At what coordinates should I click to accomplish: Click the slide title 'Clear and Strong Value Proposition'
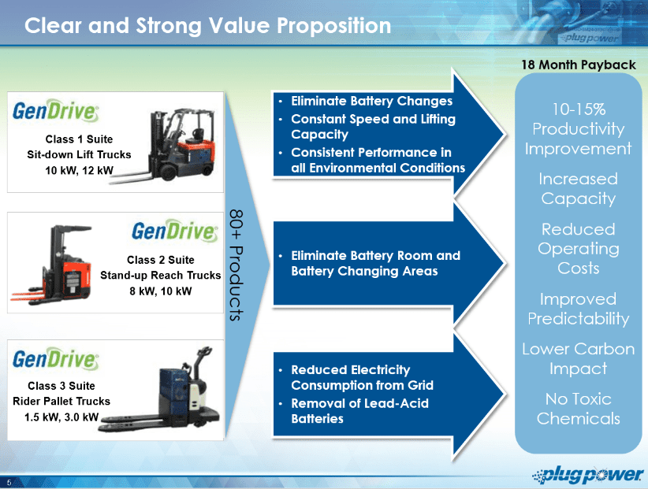click(x=207, y=25)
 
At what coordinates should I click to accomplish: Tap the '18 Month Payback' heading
click(x=579, y=65)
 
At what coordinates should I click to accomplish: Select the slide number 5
click(x=9, y=482)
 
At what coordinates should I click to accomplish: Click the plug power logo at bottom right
click(x=588, y=475)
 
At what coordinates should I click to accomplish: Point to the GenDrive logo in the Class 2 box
click(x=174, y=231)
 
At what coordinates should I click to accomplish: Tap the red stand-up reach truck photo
click(x=54, y=265)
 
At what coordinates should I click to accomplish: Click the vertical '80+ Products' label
click(x=236, y=265)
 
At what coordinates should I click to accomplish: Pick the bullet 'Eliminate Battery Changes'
click(x=371, y=101)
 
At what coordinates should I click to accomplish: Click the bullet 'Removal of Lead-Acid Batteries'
click(x=359, y=411)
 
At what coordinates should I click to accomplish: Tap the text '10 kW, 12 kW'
click(x=79, y=170)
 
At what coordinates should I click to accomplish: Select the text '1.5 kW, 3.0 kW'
click(x=61, y=417)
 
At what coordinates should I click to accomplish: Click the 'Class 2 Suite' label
click(x=160, y=260)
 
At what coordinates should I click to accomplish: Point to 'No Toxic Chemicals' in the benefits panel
click(x=578, y=409)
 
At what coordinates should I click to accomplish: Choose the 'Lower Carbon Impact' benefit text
click(x=578, y=358)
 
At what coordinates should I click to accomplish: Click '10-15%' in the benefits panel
click(x=579, y=109)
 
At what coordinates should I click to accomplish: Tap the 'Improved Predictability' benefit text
click(x=578, y=309)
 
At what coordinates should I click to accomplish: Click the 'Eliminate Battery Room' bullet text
click(x=375, y=263)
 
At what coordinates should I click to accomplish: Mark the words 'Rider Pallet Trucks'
click(x=61, y=401)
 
